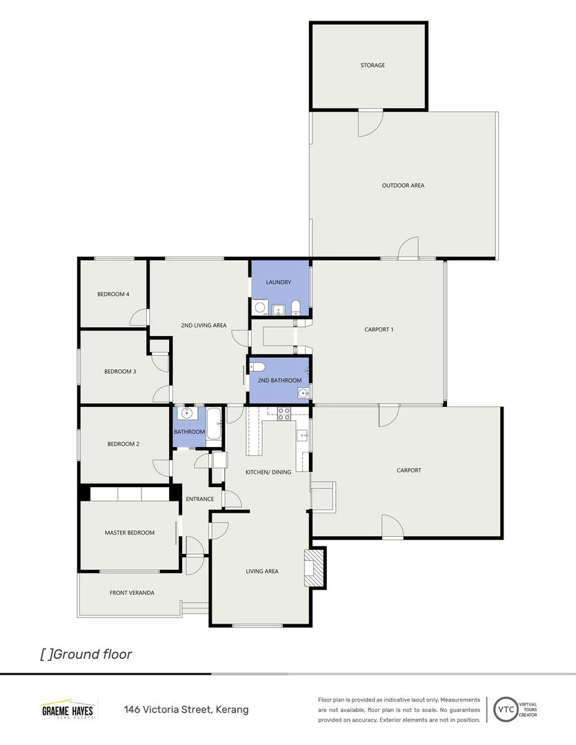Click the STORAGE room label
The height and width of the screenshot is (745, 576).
point(373,66)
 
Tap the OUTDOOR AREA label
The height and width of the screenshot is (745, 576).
point(403,186)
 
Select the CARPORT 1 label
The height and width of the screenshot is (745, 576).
point(379,330)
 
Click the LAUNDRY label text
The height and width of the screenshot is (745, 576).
point(279,282)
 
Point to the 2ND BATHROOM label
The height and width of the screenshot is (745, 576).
point(279,381)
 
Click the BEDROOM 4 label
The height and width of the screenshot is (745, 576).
point(113,295)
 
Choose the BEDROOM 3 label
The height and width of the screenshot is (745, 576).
point(120,372)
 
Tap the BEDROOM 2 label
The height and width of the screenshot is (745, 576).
point(123,444)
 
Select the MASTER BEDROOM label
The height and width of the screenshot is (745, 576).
point(130,533)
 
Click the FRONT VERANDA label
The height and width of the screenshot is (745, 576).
point(132,593)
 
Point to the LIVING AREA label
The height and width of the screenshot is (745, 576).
point(262,571)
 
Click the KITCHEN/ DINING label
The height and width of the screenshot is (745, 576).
point(268,472)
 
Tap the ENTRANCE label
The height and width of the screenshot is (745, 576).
point(199,499)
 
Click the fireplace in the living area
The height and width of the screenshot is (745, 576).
point(315,568)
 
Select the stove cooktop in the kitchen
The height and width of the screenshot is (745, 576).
point(283,414)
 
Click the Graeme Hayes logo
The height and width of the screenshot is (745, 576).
point(68,710)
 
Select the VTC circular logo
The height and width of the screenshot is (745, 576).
point(505,709)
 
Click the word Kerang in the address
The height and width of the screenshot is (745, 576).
point(232,710)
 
